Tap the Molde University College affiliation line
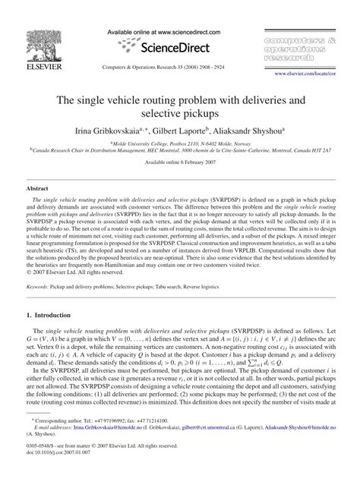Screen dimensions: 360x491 (x=180, y=143)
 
